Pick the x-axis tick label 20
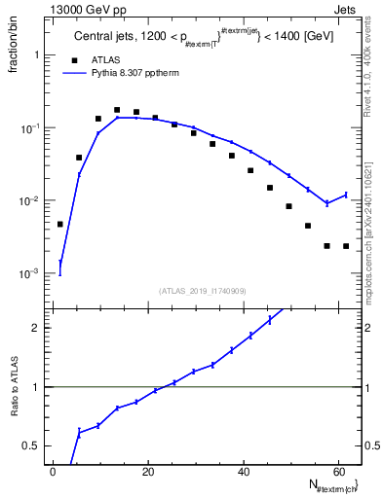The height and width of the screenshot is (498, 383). tap(148, 472)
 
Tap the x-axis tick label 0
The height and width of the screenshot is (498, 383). tap(54, 472)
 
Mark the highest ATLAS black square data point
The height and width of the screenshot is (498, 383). tap(117, 111)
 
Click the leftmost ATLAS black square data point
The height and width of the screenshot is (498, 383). tap(60, 225)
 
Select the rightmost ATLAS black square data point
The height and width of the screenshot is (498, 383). tap(346, 246)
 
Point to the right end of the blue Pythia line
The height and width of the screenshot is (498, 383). tap(346, 195)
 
